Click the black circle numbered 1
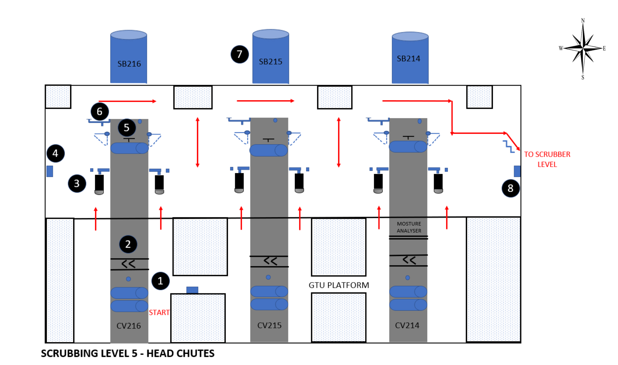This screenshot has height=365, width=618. click(x=160, y=281)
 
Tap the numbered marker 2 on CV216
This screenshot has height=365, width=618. click(x=128, y=244)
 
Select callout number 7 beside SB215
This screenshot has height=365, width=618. click(x=239, y=54)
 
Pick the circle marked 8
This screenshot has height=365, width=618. click(x=510, y=188)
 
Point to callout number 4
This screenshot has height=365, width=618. click(x=55, y=153)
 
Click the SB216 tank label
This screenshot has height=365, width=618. click(x=129, y=64)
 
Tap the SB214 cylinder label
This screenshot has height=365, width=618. click(x=408, y=59)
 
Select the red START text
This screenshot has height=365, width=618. click(x=159, y=312)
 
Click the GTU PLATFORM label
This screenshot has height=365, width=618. click(x=339, y=285)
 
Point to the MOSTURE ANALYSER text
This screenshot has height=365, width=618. click(x=409, y=227)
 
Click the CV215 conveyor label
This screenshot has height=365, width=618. click(x=269, y=325)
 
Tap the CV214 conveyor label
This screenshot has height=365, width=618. click(x=407, y=325)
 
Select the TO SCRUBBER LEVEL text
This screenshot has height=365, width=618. click(x=547, y=159)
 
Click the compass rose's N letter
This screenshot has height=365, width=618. click(x=583, y=20)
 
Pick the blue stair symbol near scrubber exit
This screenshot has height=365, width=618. click(x=509, y=146)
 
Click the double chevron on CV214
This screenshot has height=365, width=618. click(x=409, y=260)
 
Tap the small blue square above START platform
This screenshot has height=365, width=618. click(x=192, y=290)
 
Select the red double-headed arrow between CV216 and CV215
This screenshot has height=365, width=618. click(x=198, y=142)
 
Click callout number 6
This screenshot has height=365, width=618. click(x=100, y=112)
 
